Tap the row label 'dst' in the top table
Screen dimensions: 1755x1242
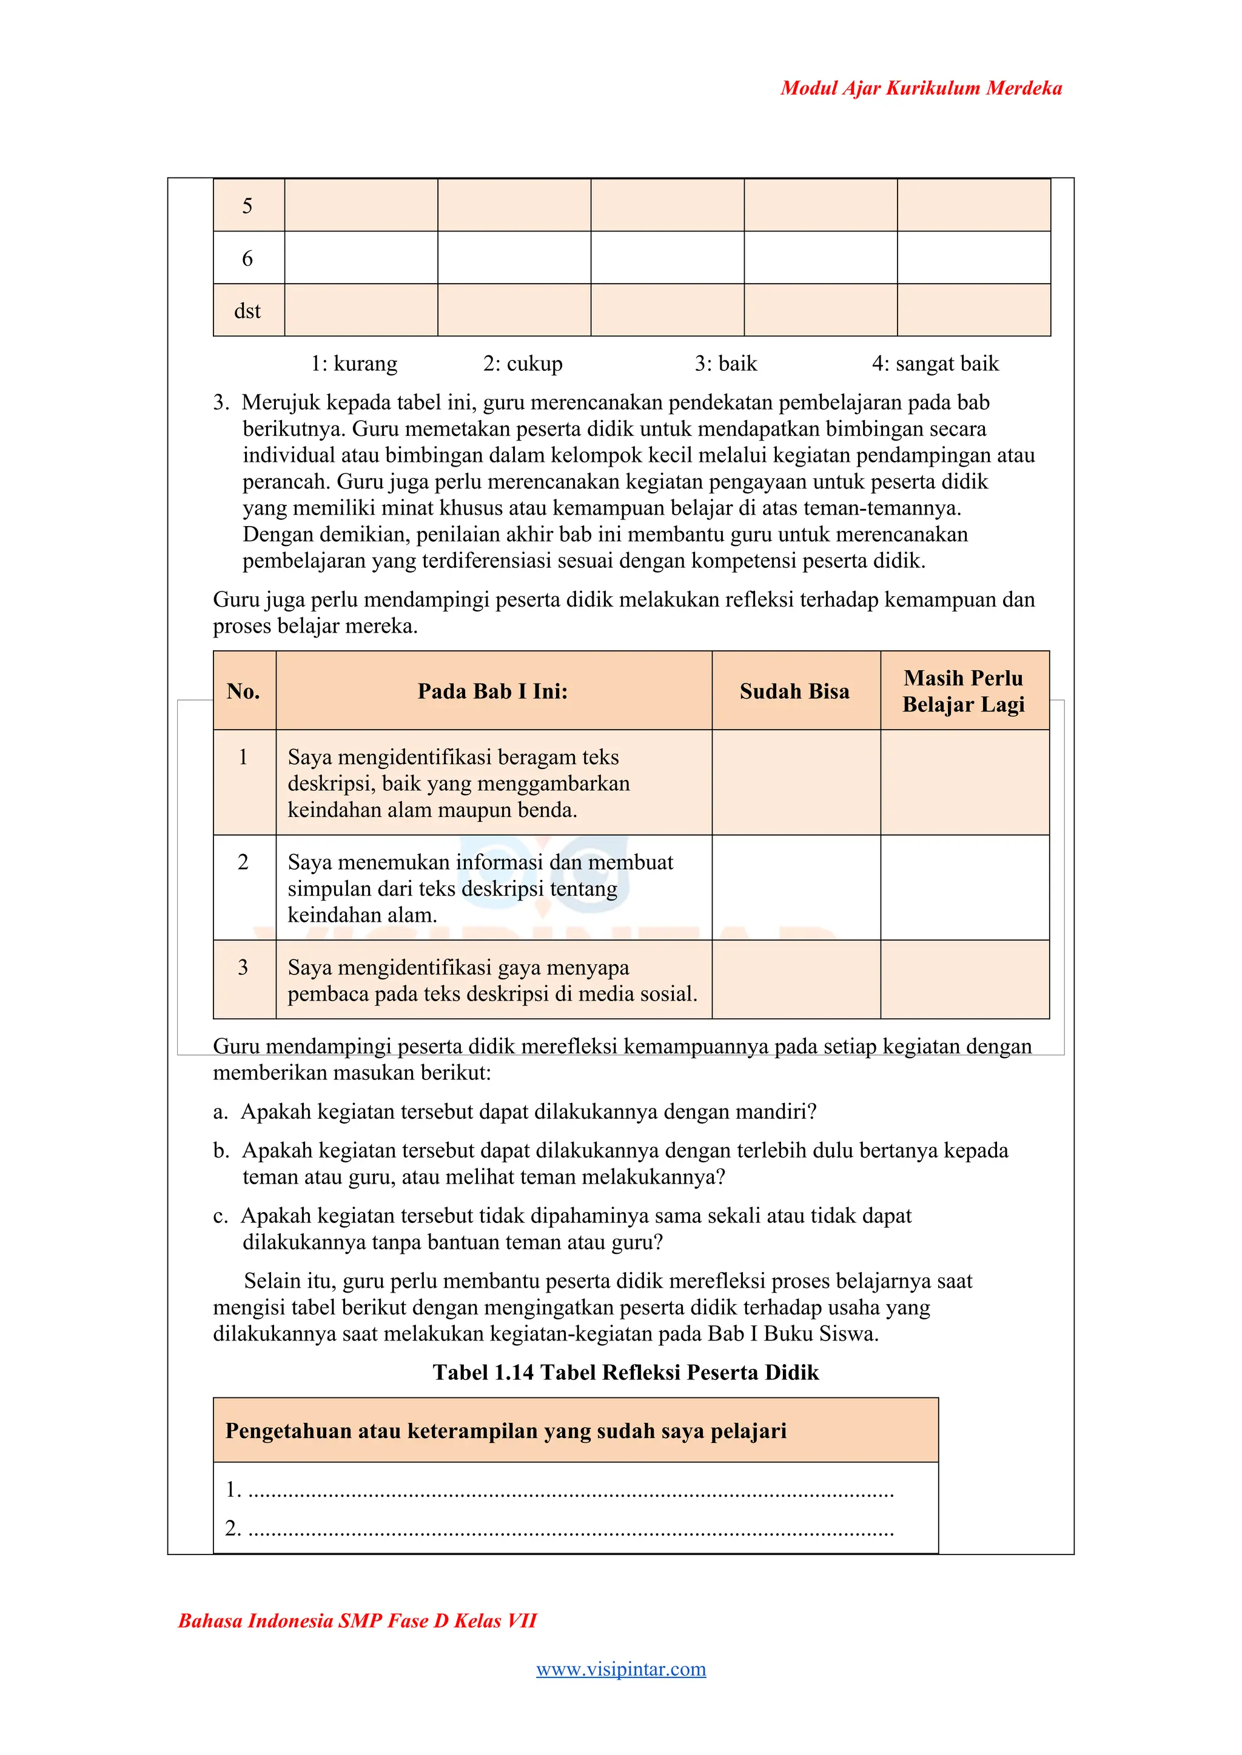(x=247, y=311)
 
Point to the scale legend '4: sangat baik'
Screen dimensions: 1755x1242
(x=935, y=364)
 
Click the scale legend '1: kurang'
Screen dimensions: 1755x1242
(x=354, y=364)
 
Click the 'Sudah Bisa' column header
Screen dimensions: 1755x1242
(x=794, y=691)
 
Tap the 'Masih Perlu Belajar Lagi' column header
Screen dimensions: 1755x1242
(x=963, y=691)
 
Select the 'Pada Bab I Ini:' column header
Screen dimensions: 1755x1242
(x=492, y=691)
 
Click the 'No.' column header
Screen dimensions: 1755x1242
(x=243, y=691)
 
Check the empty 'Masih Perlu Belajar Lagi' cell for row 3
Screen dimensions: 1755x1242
(x=964, y=979)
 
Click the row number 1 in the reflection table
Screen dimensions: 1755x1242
(x=243, y=758)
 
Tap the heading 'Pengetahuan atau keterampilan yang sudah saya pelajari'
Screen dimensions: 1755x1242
(x=506, y=1431)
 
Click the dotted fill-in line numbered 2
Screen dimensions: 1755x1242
(x=570, y=1529)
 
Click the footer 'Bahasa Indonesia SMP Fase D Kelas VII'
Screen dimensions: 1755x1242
(x=357, y=1621)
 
